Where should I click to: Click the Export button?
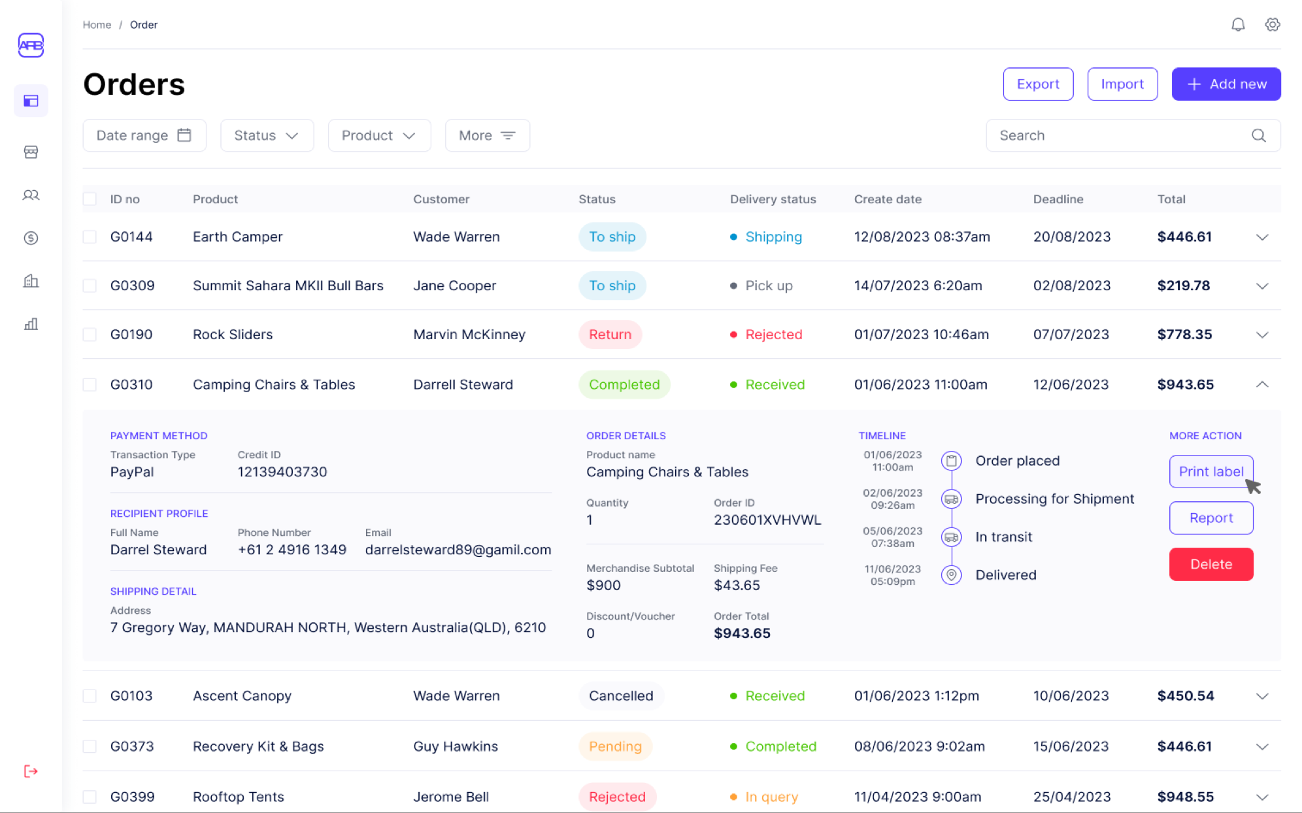pos(1037,84)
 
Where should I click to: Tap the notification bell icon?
pos(1238,25)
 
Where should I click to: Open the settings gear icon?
pos(1272,25)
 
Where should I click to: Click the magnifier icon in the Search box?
pos(1258,135)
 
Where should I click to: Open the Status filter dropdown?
pos(267,135)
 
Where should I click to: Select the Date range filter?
pos(144,135)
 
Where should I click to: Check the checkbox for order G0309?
pos(90,286)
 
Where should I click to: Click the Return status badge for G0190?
pos(610,335)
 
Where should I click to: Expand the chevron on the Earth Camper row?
pos(1262,237)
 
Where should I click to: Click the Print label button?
pos(1210,471)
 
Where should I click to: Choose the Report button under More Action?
pos(1210,518)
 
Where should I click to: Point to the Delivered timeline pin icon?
pos(951,575)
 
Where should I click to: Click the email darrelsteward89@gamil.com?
pos(458,550)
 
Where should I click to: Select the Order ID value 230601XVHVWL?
pos(767,520)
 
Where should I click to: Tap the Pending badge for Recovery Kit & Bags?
pos(615,746)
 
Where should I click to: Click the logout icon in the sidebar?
pos(31,771)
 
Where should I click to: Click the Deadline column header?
pos(1058,199)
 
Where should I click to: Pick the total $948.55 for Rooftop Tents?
pos(1185,797)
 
